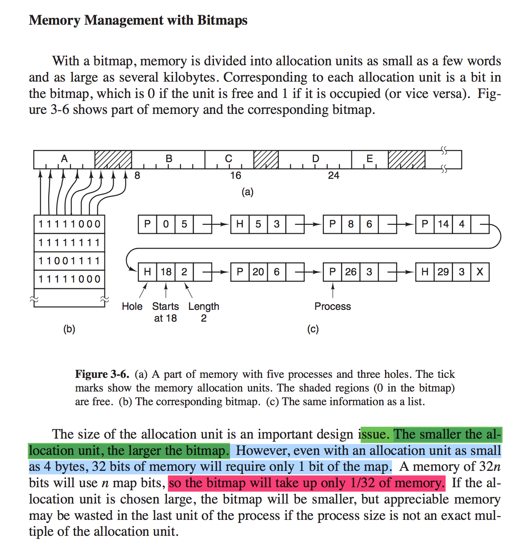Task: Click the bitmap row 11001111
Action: tap(69, 261)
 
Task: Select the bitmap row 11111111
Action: tap(69, 243)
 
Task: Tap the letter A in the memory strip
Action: tap(64, 158)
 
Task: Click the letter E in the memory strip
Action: tap(369, 158)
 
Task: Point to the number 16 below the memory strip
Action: tap(236, 175)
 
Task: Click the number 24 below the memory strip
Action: tap(333, 175)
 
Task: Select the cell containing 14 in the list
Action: tap(443, 224)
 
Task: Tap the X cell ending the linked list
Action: tap(480, 272)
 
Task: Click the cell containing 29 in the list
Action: tap(443, 272)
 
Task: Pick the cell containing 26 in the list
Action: tap(351, 272)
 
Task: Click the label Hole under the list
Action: tap(132, 306)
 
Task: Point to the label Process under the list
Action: tap(333, 306)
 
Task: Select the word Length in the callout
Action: tap(204, 306)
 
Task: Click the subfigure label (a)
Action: tap(247, 192)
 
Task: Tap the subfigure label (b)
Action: tap(69, 329)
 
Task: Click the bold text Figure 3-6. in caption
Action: tap(102, 374)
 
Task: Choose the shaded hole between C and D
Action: tap(266, 159)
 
